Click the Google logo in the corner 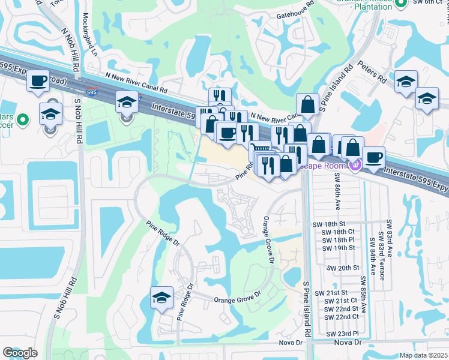click(x=20, y=353)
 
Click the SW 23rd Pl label click(x=342, y=334)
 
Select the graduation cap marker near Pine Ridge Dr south click(x=161, y=298)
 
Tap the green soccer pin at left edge click(x=23, y=121)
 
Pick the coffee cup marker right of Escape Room click(x=373, y=157)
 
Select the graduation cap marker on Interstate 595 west click(x=127, y=103)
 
